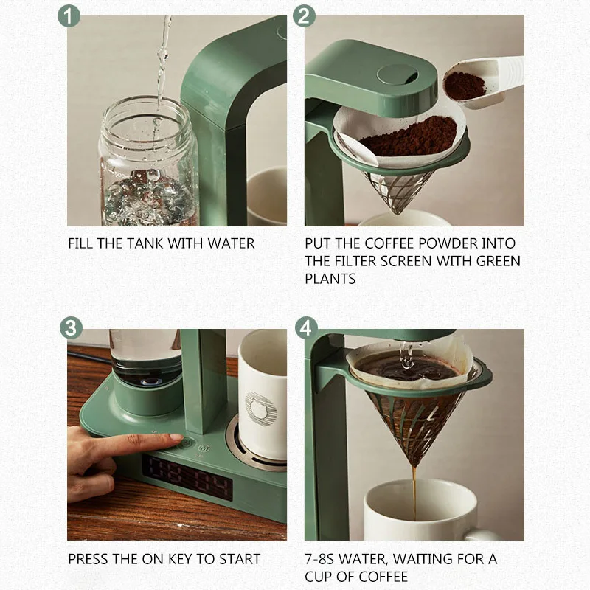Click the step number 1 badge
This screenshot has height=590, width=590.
coord(69,15)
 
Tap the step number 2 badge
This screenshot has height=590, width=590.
coord(304,15)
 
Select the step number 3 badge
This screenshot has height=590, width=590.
coord(71,327)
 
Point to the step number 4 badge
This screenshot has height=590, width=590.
coord(306,327)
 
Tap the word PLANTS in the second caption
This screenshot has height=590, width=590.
coord(330,279)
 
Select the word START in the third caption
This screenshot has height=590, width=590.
coord(240,559)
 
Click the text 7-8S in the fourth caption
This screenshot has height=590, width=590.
coord(319,559)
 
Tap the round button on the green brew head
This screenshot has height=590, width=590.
coord(397,74)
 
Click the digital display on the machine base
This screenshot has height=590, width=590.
coord(187,477)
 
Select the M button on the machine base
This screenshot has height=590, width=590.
coord(204,448)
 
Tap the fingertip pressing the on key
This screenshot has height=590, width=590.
coord(176,437)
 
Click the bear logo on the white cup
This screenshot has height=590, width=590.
coord(261,409)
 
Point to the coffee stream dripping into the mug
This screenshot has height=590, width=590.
coord(414,493)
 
